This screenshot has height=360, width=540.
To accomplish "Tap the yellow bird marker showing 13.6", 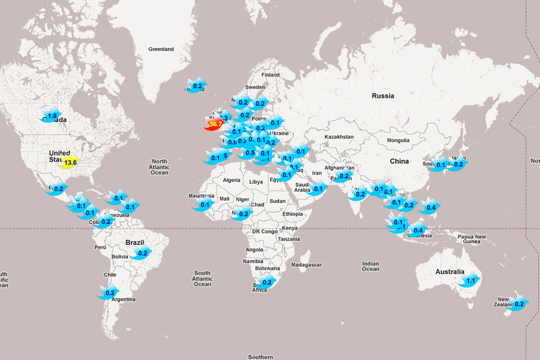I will coord(69,162).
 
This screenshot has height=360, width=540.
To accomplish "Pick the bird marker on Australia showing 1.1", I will coord(469,281).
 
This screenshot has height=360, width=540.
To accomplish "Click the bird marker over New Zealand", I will coord(518,304).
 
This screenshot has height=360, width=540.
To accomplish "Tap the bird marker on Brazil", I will coord(142,253).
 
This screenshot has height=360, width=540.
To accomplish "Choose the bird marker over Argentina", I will coord(109,292).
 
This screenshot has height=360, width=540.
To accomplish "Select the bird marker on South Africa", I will coord(266,283).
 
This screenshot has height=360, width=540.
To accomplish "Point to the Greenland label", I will coord(161,49).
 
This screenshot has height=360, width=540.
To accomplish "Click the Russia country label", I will coord(383,96).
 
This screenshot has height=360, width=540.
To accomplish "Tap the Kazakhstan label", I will coord(339,136).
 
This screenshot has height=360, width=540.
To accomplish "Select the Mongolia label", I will coord(398,140).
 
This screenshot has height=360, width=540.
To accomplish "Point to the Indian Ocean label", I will coord(371,266).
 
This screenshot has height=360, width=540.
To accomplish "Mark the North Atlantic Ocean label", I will coord(159,167).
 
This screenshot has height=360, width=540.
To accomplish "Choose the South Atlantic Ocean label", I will coord(202,279).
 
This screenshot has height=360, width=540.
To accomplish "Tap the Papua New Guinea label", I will coord(472,239).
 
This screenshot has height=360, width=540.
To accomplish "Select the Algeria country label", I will coord(232,180).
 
